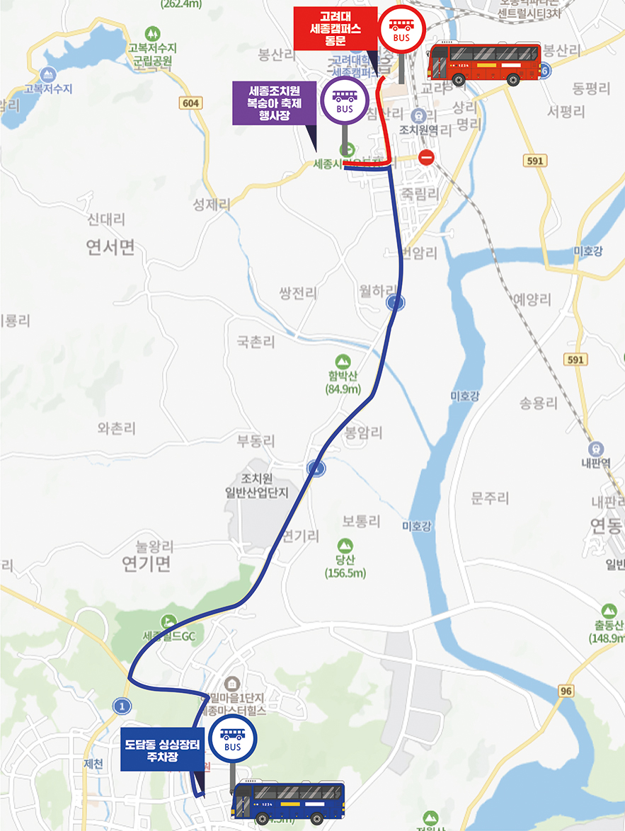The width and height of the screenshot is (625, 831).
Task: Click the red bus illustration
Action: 486,62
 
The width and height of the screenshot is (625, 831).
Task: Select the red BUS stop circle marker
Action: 401,28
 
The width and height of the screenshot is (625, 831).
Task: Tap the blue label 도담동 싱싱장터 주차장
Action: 162,750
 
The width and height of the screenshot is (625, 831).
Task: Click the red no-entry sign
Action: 426,157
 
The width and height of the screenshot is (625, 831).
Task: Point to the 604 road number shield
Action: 191,103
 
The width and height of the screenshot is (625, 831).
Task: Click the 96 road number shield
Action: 565,690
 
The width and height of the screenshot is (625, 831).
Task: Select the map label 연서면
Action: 110,247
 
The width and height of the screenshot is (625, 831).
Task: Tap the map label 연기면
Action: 147,563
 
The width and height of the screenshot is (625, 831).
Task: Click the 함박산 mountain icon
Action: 343,362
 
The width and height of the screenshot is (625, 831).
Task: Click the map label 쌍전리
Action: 298,293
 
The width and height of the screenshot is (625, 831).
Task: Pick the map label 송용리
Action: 539,403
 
